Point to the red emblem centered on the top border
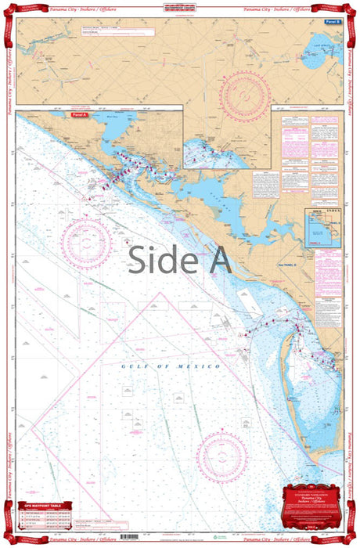point(179,9)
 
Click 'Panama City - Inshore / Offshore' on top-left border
point(74,9)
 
